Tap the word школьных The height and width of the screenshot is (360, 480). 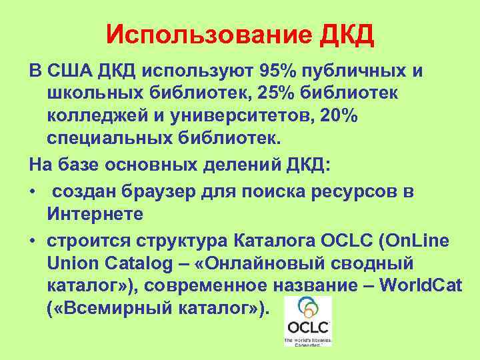coord(93,94)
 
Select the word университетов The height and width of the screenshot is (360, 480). coord(246,117)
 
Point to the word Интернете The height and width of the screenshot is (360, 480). coord(95,215)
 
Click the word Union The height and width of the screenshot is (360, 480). coord(73,263)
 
